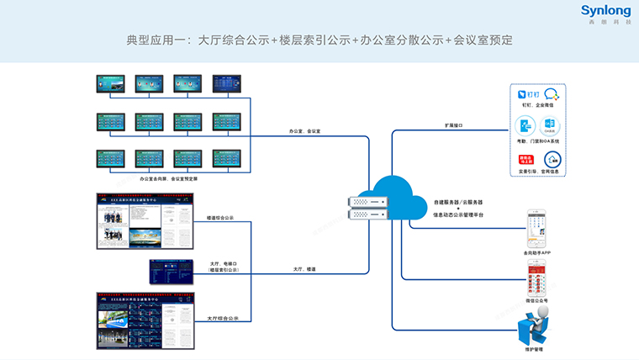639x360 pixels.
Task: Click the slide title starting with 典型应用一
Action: pyautogui.click(x=319, y=40)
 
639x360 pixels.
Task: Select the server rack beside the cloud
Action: pyautogui.click(x=367, y=208)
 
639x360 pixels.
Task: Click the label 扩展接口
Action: pyautogui.click(x=454, y=125)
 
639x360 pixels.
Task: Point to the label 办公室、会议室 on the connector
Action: pyautogui.click(x=304, y=131)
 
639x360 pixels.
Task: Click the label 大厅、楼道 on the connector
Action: pyautogui.click(x=304, y=268)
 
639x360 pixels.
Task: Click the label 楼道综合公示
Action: pyautogui.click(x=220, y=218)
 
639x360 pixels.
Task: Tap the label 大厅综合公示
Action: pyautogui.click(x=223, y=319)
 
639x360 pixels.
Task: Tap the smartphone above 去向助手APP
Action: pyautogui.click(x=537, y=228)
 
